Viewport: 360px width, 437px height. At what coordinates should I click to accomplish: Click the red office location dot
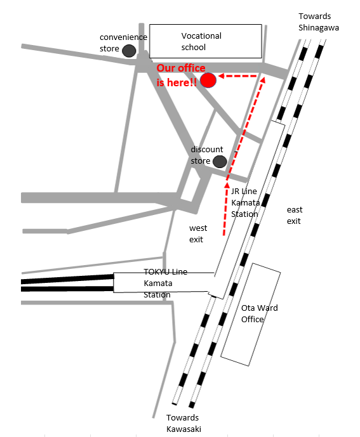208,81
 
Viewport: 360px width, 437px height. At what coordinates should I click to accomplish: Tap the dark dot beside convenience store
129,51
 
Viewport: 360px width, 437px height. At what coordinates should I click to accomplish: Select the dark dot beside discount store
220,162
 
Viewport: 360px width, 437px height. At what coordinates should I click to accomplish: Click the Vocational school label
201,41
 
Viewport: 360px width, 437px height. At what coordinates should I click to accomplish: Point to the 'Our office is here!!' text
181,75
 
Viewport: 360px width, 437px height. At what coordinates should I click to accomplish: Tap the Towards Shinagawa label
319,22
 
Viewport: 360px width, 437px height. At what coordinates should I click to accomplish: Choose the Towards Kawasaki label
183,423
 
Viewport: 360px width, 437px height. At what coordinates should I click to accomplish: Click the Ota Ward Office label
259,313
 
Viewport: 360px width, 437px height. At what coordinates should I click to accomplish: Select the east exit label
295,215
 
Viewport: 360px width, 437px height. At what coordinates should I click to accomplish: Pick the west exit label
198,233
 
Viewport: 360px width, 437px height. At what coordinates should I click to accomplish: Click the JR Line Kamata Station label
245,202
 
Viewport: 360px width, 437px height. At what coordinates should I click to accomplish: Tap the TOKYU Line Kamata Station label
165,283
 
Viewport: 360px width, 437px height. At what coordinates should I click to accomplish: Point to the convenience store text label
123,42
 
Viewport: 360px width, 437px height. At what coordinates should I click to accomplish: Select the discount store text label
206,155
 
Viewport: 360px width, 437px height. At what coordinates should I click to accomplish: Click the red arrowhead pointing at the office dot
222,76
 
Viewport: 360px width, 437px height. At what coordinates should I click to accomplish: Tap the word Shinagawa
319,28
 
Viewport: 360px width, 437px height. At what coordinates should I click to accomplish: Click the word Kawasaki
183,429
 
